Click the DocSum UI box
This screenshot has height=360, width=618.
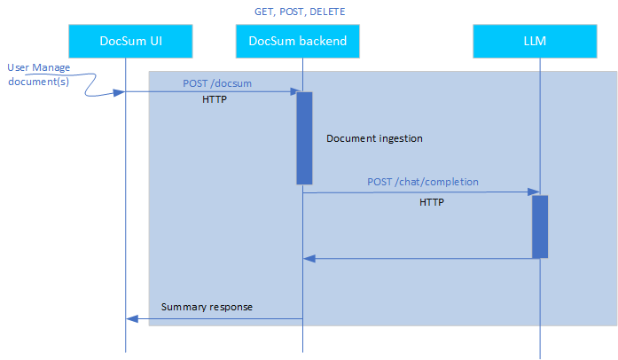[126, 40]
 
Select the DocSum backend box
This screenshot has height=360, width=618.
[297, 40]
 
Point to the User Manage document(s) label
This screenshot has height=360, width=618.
[38, 74]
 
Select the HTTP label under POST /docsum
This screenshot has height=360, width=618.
[215, 99]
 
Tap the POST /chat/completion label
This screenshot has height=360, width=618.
[423, 182]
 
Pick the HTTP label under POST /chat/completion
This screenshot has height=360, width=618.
[432, 202]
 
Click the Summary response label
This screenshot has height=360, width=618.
[207, 308]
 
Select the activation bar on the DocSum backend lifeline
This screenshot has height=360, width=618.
[304, 137]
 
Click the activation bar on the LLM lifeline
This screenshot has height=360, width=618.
[540, 227]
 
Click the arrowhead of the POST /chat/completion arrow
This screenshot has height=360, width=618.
[535, 192]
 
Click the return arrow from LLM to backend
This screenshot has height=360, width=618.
[417, 259]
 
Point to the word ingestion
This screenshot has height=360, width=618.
[398, 139]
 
